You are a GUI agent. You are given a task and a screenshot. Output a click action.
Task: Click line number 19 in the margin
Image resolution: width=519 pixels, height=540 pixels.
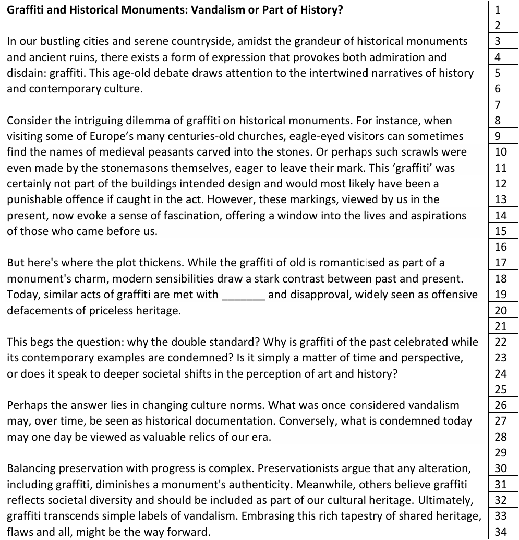(501, 295)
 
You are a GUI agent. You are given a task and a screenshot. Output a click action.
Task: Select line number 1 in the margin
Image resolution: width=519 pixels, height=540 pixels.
(497, 9)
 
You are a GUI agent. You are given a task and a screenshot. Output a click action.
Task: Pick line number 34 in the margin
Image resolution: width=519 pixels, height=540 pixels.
(501, 532)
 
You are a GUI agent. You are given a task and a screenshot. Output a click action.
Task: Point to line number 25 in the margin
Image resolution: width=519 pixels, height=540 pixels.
(501, 389)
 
